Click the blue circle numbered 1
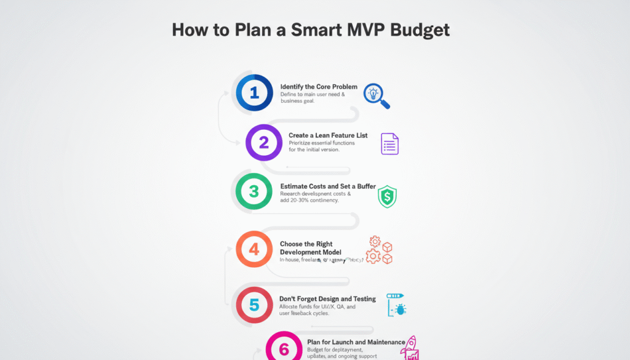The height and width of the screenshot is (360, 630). [254, 92]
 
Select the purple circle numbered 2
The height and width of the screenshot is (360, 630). [263, 142]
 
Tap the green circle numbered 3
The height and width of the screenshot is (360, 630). [254, 191]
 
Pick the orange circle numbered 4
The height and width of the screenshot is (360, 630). [254, 249]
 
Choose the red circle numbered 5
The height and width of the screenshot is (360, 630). [254, 304]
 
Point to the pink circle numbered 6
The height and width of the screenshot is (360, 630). [284, 348]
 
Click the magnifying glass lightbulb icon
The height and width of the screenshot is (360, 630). [376, 96]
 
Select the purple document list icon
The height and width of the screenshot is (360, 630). [389, 144]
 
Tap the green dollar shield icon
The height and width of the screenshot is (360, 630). [387, 196]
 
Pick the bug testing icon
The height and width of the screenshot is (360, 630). [396, 305]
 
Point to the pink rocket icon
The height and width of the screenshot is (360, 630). [409, 348]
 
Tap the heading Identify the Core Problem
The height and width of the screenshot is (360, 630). [319, 87]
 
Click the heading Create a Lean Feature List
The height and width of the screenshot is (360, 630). [328, 135]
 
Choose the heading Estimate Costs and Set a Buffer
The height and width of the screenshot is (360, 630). [328, 186]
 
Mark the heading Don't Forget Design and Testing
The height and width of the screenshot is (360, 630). [327, 299]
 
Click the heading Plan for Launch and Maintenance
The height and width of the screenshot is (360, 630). [356, 342]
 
